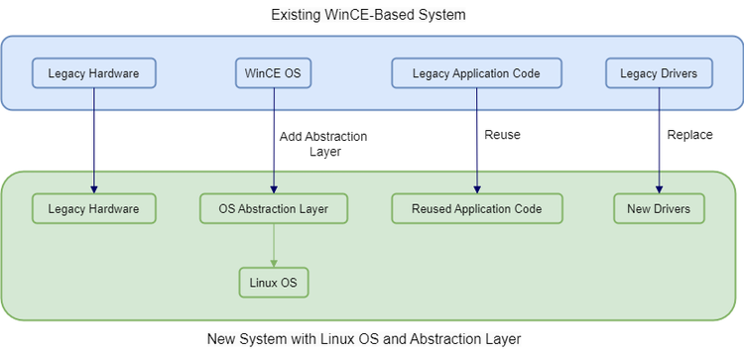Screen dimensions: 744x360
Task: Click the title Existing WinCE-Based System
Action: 368,15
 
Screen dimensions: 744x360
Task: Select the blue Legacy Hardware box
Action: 94,73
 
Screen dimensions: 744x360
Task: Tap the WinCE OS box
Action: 274,73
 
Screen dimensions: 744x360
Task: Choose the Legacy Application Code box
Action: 476,73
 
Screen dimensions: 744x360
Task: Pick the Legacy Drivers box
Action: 659,73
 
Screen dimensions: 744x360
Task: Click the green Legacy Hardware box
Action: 94,208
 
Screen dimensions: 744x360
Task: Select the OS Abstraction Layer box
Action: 274,208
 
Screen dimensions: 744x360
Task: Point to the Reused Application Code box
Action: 477,208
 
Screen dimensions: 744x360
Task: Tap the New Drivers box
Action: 659,208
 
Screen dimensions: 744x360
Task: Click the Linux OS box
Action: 274,283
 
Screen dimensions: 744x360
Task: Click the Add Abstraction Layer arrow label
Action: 323,144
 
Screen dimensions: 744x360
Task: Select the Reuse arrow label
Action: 502,135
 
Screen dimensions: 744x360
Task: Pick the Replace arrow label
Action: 689,135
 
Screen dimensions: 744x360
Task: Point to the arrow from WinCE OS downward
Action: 274,141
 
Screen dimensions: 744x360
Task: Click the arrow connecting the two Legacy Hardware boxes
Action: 94,141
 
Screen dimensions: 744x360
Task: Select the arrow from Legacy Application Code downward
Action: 477,141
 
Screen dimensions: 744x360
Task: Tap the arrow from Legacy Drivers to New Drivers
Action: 659,141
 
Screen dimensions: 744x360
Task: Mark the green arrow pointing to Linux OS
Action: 274,246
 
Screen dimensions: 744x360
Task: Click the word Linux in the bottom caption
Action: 337,339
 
